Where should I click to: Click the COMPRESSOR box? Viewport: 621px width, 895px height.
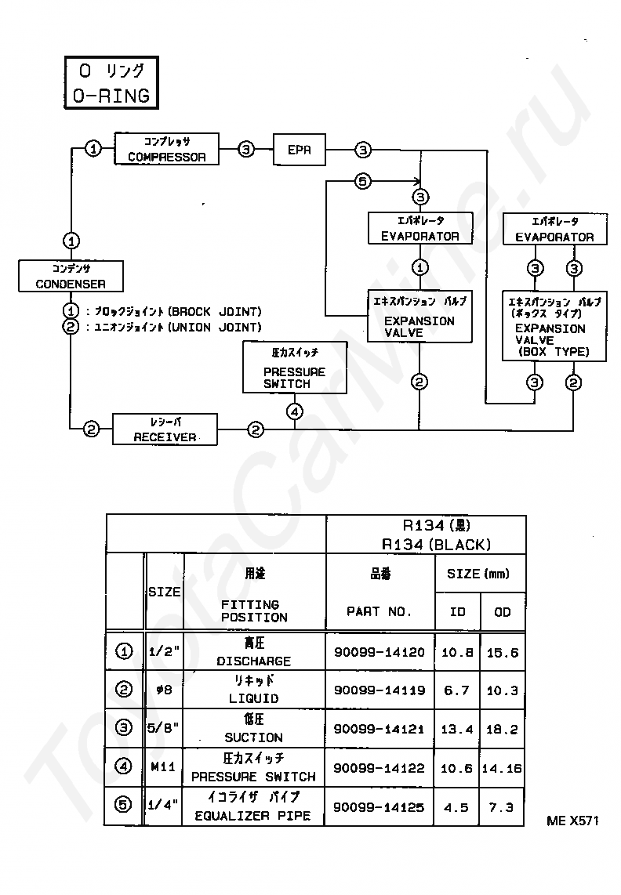(x=167, y=149)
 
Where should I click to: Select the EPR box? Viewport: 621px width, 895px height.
(x=300, y=150)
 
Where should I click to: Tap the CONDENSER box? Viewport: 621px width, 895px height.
(x=71, y=277)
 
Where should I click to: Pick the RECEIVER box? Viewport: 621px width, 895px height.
(x=165, y=429)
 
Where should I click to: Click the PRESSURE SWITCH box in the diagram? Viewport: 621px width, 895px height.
(x=295, y=368)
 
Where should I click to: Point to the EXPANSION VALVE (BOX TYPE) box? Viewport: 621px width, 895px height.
(x=554, y=326)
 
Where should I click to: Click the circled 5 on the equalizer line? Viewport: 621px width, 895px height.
(x=363, y=182)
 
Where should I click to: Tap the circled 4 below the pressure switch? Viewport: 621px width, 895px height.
(x=295, y=411)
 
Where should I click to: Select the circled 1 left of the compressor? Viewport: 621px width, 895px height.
(x=93, y=149)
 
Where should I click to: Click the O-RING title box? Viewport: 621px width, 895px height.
(x=111, y=83)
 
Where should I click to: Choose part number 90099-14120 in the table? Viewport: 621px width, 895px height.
(x=379, y=652)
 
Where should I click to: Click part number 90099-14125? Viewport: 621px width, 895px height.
(x=379, y=807)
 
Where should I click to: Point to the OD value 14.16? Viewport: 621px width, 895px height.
(x=502, y=768)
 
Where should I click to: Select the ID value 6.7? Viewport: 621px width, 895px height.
(x=456, y=690)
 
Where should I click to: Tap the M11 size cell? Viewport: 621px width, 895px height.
(x=163, y=766)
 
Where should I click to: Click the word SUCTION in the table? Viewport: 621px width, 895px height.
(x=254, y=737)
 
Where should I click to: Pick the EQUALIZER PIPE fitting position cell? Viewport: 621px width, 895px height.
(x=253, y=806)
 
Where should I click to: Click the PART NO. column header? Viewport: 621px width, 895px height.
(x=379, y=611)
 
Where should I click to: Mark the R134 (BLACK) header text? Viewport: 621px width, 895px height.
(x=437, y=545)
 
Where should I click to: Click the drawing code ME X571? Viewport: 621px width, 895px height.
(x=572, y=821)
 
